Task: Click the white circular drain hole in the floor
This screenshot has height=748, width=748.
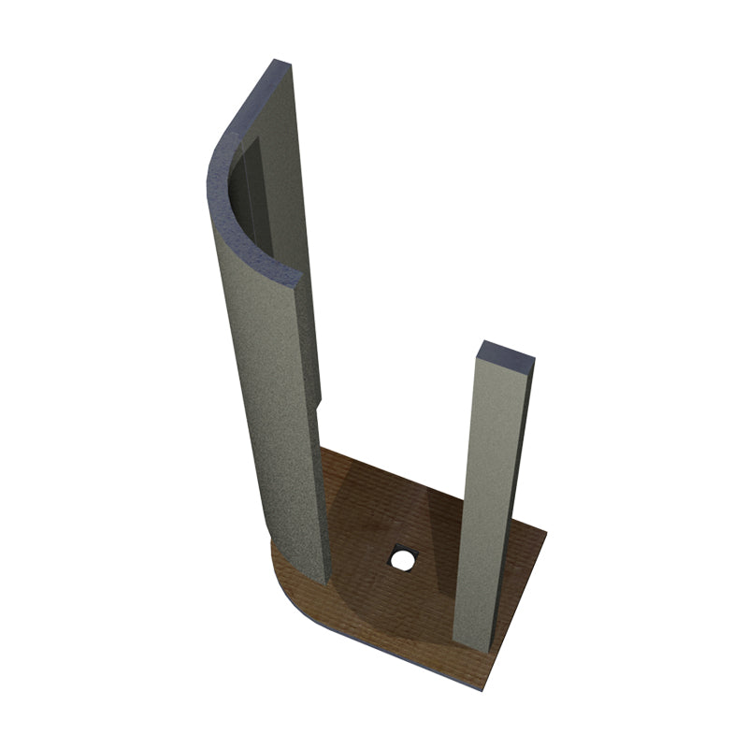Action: [403, 561]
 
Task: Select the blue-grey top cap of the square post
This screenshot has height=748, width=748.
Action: [506, 353]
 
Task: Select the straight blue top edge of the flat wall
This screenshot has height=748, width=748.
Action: [252, 103]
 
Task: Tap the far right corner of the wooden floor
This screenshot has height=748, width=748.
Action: [545, 535]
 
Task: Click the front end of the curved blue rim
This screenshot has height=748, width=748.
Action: [297, 277]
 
